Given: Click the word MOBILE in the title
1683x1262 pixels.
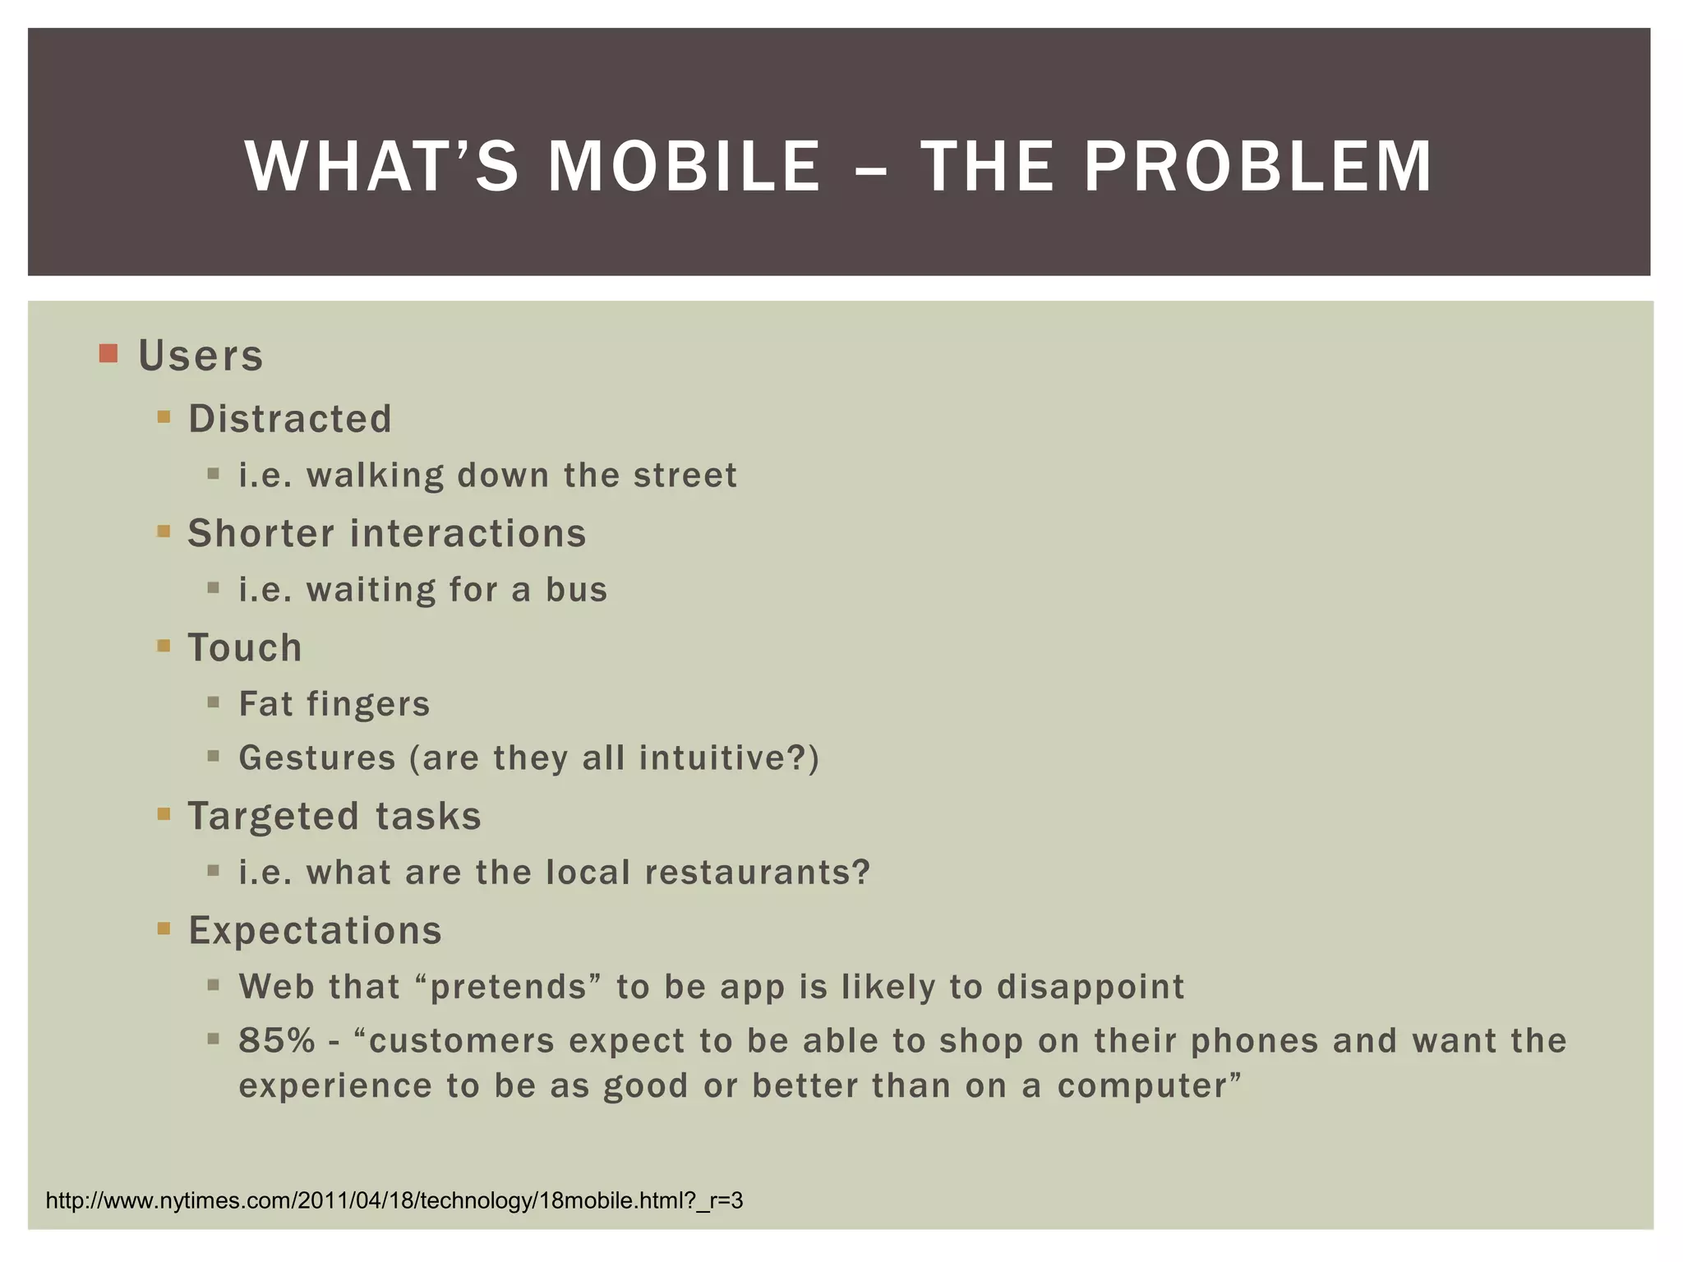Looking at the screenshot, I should (x=684, y=167).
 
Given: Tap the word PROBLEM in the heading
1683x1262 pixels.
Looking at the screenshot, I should (x=1258, y=167).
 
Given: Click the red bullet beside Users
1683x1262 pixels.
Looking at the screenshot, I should (x=108, y=354).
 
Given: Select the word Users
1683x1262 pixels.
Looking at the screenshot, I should (x=201, y=356).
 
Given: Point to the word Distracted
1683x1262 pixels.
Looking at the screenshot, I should (x=290, y=419).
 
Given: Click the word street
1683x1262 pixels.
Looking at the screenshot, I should (x=685, y=476).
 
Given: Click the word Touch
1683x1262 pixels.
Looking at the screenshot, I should (x=245, y=647).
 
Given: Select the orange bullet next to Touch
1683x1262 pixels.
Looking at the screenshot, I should (x=164, y=646).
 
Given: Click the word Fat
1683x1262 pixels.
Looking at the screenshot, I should (x=265, y=704).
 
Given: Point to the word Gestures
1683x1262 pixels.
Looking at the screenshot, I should (x=317, y=758).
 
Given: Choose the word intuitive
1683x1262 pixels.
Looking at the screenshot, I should (x=706, y=758).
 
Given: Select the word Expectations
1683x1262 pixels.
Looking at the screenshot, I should (x=316, y=931).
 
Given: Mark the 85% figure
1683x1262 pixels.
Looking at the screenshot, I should (x=277, y=1041).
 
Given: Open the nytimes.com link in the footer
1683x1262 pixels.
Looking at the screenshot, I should (x=394, y=1201).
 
